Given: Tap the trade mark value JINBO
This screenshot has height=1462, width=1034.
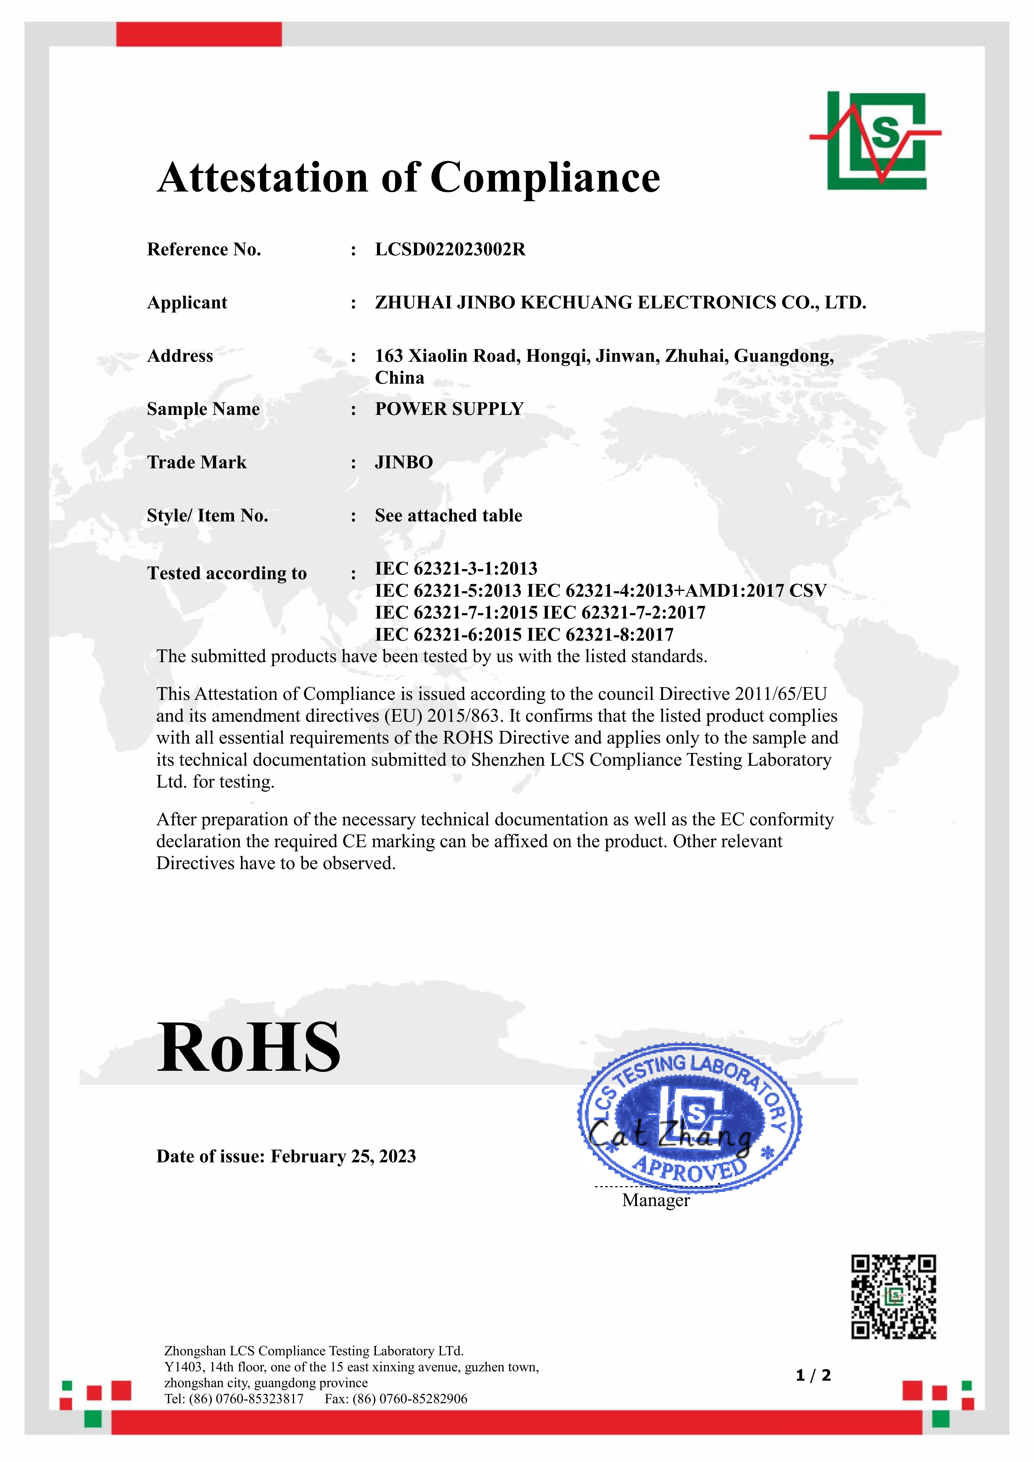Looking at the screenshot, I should [404, 462].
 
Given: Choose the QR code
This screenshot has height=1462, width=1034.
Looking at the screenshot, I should [893, 1297].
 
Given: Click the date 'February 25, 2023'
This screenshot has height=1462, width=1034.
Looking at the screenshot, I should [343, 1156].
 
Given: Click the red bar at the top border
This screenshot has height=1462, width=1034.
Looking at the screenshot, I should [199, 34].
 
